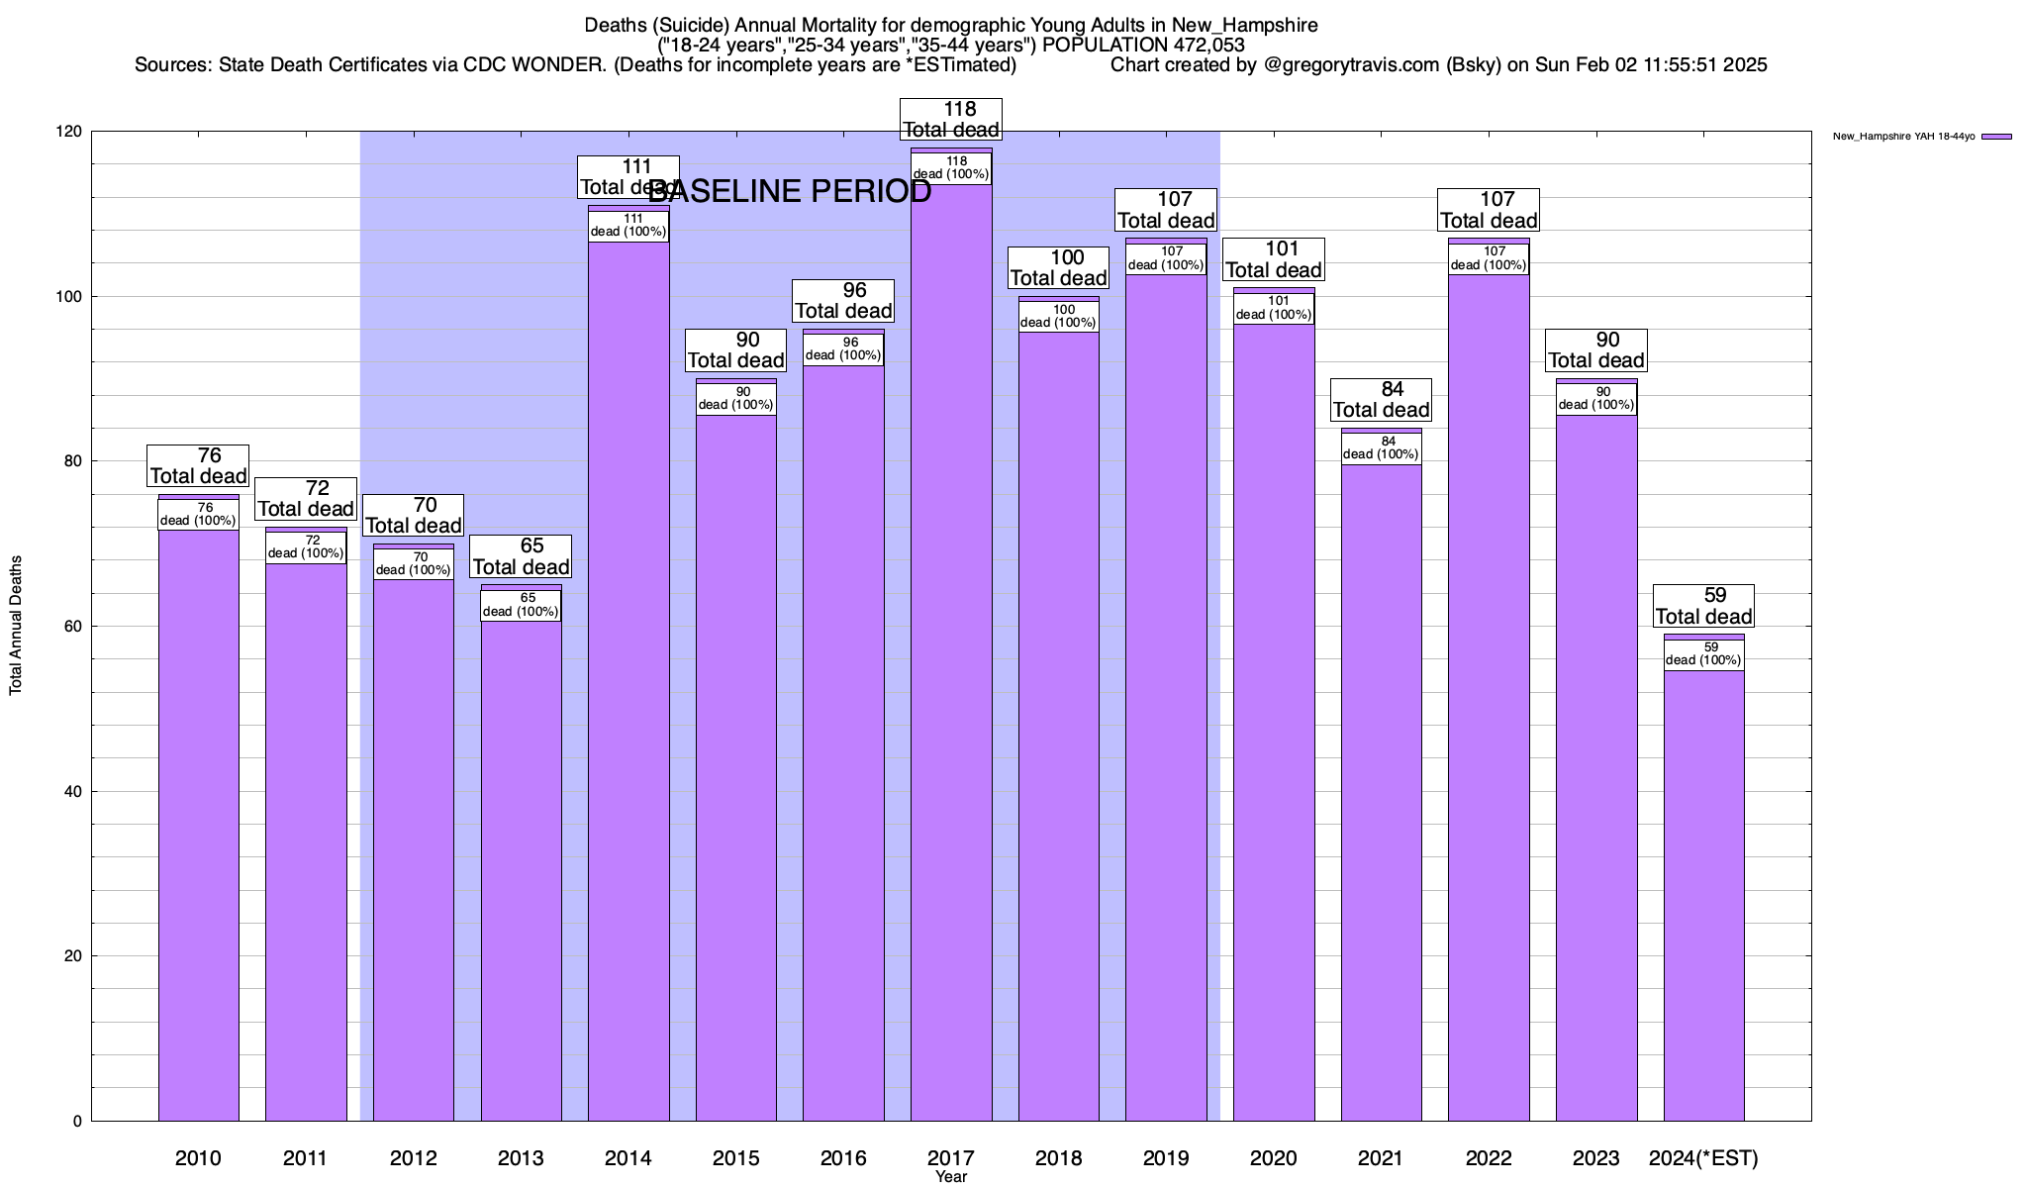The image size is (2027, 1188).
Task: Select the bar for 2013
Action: pyautogui.click(x=521, y=871)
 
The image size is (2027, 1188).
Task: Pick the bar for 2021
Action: pyautogui.click(x=1381, y=792)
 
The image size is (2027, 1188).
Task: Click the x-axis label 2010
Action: pyautogui.click(x=198, y=1158)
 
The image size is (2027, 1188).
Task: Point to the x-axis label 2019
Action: pyautogui.click(x=1166, y=1158)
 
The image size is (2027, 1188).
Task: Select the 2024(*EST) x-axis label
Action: pyautogui.click(x=1703, y=1158)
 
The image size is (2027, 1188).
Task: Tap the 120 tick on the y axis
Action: pyautogui.click(x=68, y=132)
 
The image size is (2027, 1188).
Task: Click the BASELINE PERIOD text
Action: pyautogui.click(x=790, y=192)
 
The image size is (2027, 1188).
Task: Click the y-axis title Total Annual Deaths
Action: pyautogui.click(x=16, y=626)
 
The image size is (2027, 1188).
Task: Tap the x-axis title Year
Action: pyautogui.click(x=951, y=1177)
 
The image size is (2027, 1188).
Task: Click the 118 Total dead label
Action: pyautogui.click(x=951, y=120)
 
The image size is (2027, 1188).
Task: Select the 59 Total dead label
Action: pyautogui.click(x=1703, y=606)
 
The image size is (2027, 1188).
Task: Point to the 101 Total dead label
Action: pyautogui.click(x=1273, y=259)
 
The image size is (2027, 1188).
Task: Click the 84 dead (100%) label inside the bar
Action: pyautogui.click(x=1381, y=447)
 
